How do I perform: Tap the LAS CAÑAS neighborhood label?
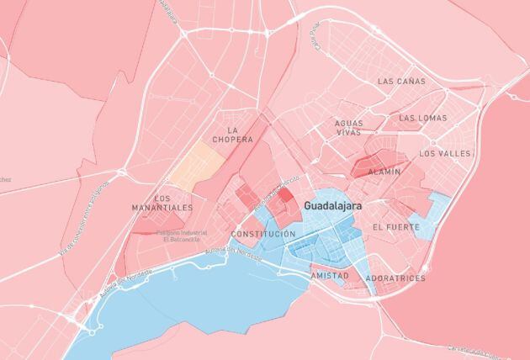tap(402, 82)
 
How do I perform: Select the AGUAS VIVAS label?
tap(348, 128)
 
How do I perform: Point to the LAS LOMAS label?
tap(423, 118)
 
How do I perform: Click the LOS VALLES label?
tap(445, 154)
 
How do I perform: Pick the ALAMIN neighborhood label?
tap(384, 172)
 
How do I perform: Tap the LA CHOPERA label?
tap(232, 135)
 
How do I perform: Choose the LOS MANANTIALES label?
tap(162, 203)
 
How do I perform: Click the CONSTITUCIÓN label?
tap(263, 233)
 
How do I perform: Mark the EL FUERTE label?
tap(395, 227)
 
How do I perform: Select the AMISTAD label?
tap(330, 276)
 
